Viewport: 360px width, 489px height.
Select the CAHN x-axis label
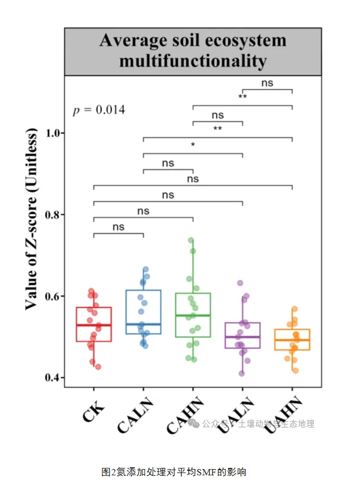185,416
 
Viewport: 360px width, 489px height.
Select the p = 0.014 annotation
99,110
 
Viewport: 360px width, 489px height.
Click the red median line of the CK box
94,325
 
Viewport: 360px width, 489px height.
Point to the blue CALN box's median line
144,324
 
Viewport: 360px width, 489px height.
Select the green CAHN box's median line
193,315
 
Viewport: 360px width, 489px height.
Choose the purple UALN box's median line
243,337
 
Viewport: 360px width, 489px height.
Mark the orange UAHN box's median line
292,340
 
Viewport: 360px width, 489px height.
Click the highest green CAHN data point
191,241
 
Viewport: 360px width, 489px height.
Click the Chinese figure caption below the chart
174,472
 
